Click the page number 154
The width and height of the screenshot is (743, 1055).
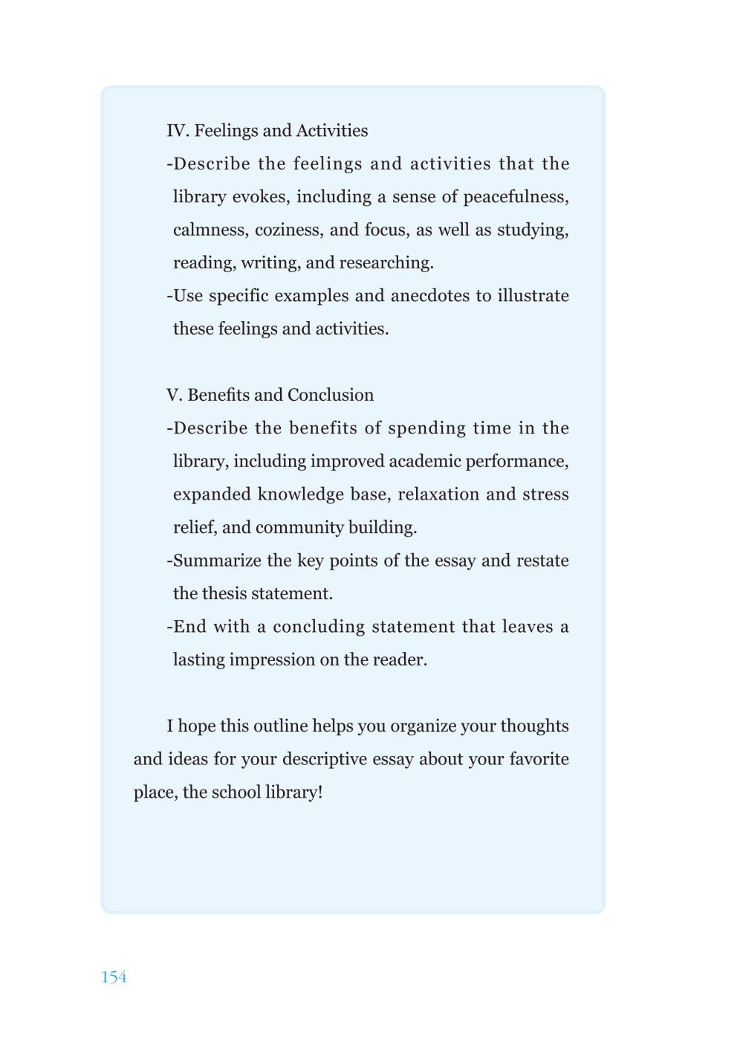(x=114, y=977)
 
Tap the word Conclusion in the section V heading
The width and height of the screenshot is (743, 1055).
(x=331, y=395)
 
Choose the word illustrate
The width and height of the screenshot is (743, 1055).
(x=533, y=296)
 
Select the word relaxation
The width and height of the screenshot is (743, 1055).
(x=438, y=494)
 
